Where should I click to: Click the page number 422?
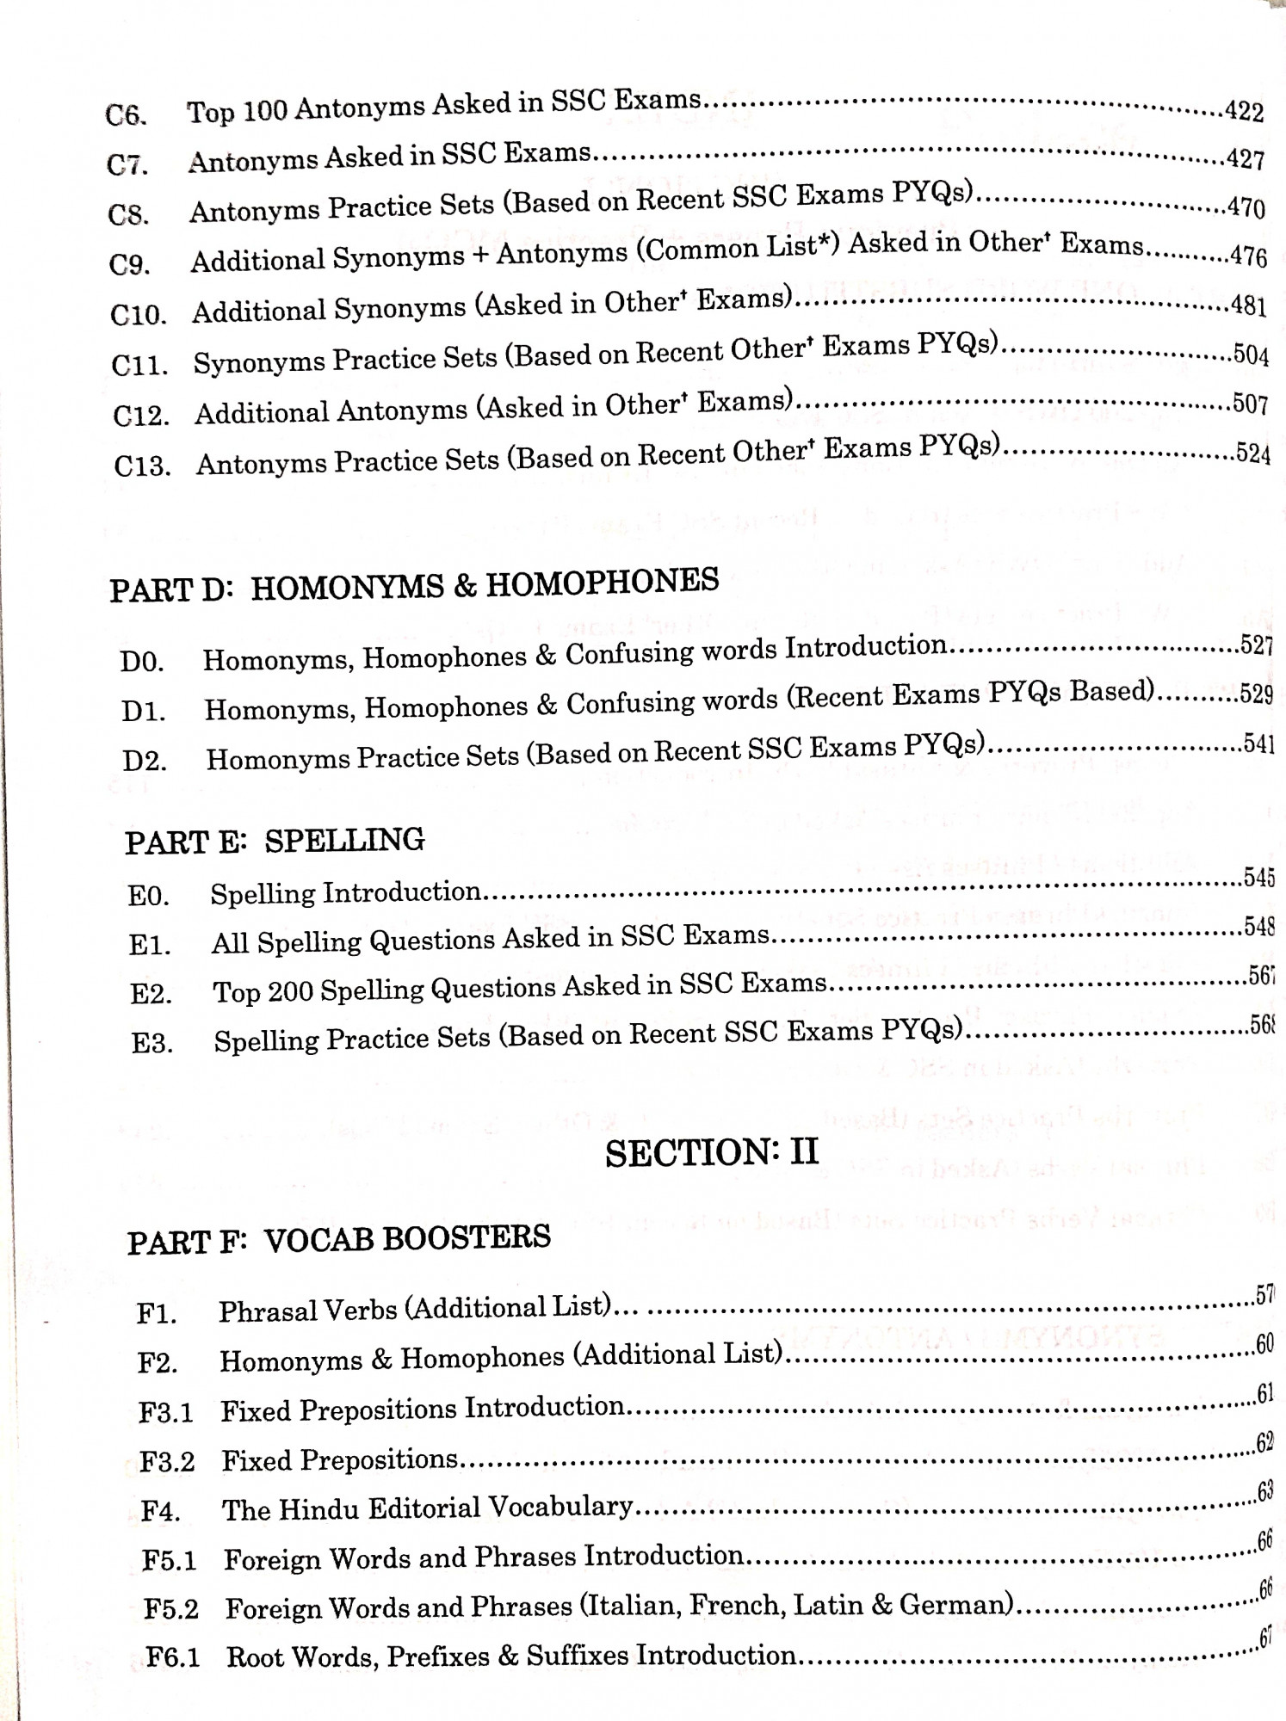click(1244, 112)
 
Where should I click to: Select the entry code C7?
click(127, 164)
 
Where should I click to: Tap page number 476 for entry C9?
click(1248, 256)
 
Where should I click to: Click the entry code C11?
click(139, 365)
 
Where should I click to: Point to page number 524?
click(1252, 453)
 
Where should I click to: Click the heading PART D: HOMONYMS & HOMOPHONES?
click(414, 585)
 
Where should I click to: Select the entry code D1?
click(143, 712)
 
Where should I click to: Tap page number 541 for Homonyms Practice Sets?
click(1258, 743)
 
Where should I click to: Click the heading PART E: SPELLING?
click(275, 841)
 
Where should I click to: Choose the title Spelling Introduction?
click(345, 892)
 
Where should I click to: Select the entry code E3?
click(151, 1043)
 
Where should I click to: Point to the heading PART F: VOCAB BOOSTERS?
click(339, 1239)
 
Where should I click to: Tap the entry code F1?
click(157, 1314)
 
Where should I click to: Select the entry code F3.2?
click(167, 1461)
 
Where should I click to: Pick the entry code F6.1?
click(172, 1656)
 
